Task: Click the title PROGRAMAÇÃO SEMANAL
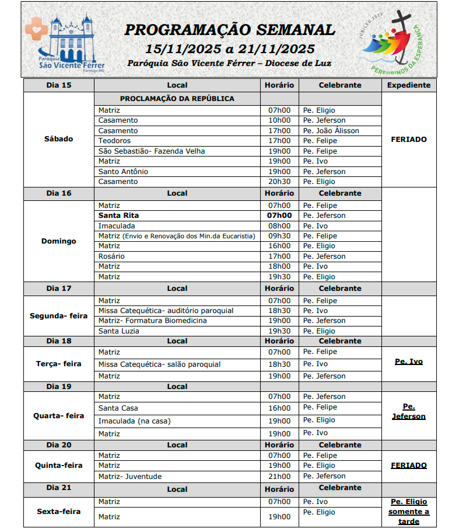coord(230,30)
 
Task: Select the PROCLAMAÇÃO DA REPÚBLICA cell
coord(177,99)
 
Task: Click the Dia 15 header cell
coord(58,85)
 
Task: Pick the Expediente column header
coord(409,85)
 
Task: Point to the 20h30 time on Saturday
coord(279,182)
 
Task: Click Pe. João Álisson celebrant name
coord(331,131)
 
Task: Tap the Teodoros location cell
coord(114,141)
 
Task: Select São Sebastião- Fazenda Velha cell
coord(152,151)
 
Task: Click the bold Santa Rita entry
coord(118,216)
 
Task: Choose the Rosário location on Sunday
coord(111,256)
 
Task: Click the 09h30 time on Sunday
coord(279,236)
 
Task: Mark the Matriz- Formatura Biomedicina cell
coord(152,321)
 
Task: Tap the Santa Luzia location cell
coord(118,331)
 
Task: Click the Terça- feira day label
coord(58,363)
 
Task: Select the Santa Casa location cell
coord(118,408)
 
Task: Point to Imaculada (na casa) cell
coord(134,421)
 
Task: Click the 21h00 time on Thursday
coord(279,477)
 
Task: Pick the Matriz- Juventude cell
coord(130,477)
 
